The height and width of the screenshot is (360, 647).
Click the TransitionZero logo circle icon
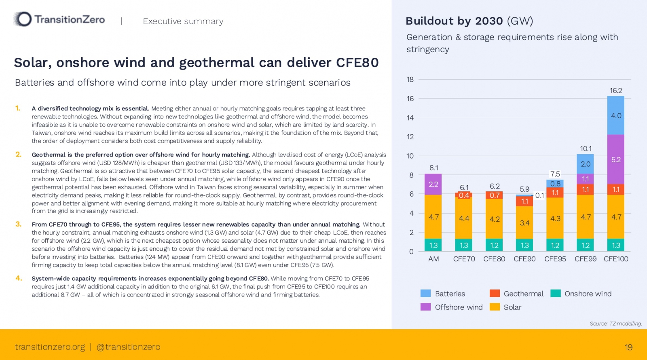point(23,19)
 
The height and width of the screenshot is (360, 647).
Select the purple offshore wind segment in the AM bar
point(433,184)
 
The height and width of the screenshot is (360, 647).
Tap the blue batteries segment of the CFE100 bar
point(615,115)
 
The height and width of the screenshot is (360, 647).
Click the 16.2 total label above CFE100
point(615,91)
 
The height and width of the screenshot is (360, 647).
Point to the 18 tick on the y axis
point(410,79)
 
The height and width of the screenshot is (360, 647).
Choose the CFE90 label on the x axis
point(524,259)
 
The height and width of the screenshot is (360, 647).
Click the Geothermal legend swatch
point(495,294)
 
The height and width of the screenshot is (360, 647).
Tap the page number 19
point(628,347)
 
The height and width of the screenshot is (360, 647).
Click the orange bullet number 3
point(19,224)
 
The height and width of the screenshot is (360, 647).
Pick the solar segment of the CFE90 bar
point(524,222)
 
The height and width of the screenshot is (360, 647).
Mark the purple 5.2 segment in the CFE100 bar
point(615,159)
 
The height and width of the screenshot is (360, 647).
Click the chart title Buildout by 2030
point(454,21)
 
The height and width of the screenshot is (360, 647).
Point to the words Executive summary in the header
point(183,21)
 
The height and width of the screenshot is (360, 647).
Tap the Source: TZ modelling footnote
point(615,324)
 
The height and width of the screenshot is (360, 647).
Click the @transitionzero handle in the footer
point(129,347)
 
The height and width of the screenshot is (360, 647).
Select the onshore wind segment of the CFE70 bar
point(464,245)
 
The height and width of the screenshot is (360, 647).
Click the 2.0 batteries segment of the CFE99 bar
point(585,164)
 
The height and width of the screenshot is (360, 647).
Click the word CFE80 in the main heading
point(357,63)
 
